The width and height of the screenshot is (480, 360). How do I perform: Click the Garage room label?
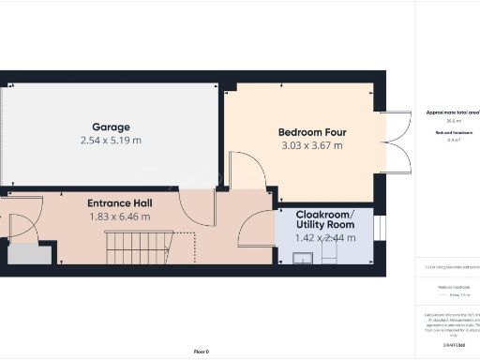[x=111, y=127]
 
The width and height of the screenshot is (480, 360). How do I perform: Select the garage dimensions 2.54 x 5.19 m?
[x=111, y=141]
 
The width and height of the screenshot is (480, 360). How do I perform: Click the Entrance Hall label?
[x=120, y=203]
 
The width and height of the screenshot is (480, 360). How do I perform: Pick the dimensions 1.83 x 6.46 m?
[x=120, y=217]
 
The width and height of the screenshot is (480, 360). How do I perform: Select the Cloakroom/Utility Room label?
[x=324, y=220]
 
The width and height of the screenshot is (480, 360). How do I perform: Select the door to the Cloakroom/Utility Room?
[x=256, y=230]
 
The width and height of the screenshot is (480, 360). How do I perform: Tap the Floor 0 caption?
[x=201, y=352]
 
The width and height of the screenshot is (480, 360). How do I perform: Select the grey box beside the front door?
[x=30, y=254]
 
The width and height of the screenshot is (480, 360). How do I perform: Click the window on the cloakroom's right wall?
[x=374, y=235]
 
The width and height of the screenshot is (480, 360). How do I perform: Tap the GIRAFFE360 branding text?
[x=454, y=347]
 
